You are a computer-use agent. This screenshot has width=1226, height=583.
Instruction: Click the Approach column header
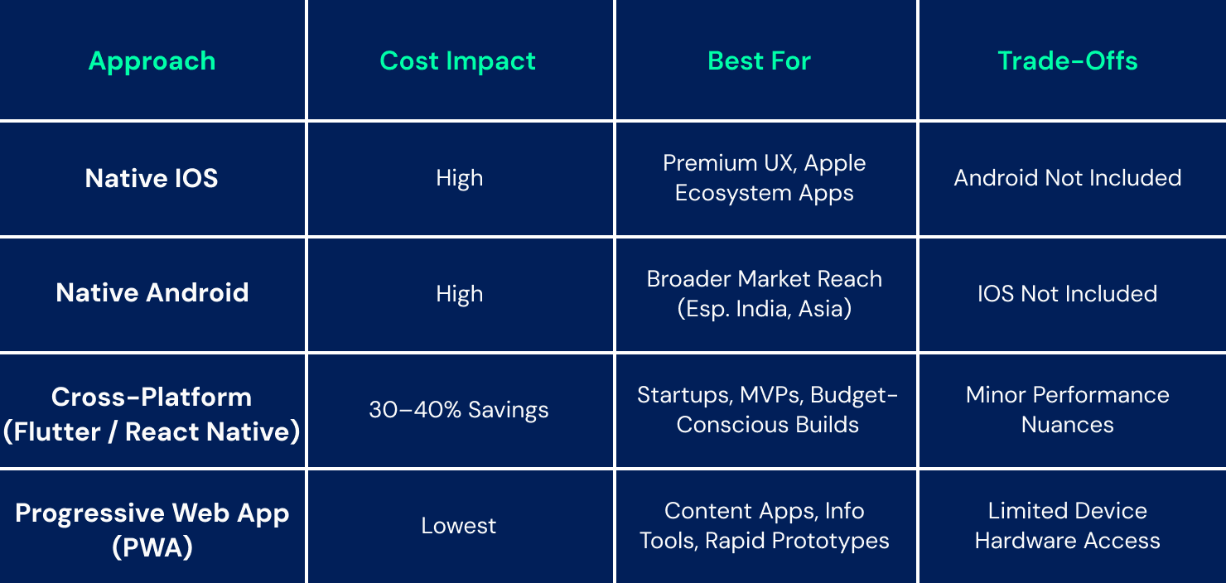(152, 60)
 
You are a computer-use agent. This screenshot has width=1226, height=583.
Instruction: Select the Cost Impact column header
(458, 60)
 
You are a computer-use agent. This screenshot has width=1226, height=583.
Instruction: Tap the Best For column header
(759, 60)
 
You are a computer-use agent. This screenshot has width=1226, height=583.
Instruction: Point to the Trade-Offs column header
(1067, 60)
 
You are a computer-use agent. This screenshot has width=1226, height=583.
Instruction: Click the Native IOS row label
(152, 178)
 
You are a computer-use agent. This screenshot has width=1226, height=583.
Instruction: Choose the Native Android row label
(152, 293)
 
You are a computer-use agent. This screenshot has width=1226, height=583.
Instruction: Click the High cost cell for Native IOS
(459, 178)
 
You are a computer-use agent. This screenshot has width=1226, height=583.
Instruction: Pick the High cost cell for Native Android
(459, 294)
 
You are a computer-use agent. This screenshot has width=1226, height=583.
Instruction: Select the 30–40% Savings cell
(459, 410)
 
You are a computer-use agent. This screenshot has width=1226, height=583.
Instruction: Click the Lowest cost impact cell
(459, 526)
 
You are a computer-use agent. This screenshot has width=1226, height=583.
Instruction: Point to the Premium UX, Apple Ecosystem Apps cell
(765, 178)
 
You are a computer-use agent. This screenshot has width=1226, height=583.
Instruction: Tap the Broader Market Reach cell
(765, 294)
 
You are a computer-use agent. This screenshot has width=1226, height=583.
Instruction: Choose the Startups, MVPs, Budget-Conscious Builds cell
(767, 410)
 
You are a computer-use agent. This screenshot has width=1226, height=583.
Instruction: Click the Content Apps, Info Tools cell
(765, 526)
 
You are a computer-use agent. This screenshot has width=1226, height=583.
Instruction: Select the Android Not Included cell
(1067, 178)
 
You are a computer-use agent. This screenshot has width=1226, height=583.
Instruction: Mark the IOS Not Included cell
(1067, 294)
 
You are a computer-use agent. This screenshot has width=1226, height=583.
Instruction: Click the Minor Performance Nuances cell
(1067, 410)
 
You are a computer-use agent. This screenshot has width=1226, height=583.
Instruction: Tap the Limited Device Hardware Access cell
(1067, 526)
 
